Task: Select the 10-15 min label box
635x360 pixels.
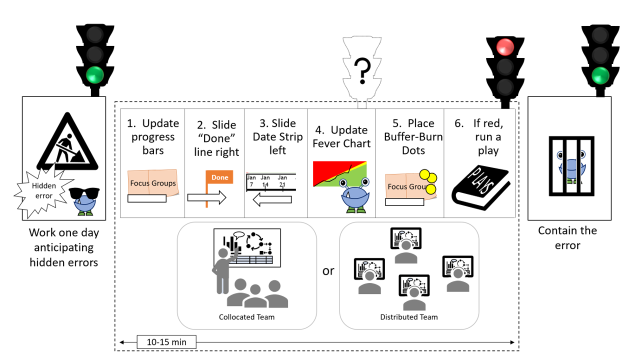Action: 166,342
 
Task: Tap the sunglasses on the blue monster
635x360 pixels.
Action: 83,194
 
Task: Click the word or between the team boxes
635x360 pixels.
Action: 328,271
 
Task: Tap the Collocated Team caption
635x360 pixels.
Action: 246,317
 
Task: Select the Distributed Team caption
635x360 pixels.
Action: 408,317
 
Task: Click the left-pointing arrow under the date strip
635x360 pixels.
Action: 272,200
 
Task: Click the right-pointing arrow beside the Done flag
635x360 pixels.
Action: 206,197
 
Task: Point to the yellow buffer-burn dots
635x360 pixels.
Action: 429,181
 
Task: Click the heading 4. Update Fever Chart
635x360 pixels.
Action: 341,136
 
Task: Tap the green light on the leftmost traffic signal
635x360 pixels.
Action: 94,75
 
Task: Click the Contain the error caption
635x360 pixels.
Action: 567,237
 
